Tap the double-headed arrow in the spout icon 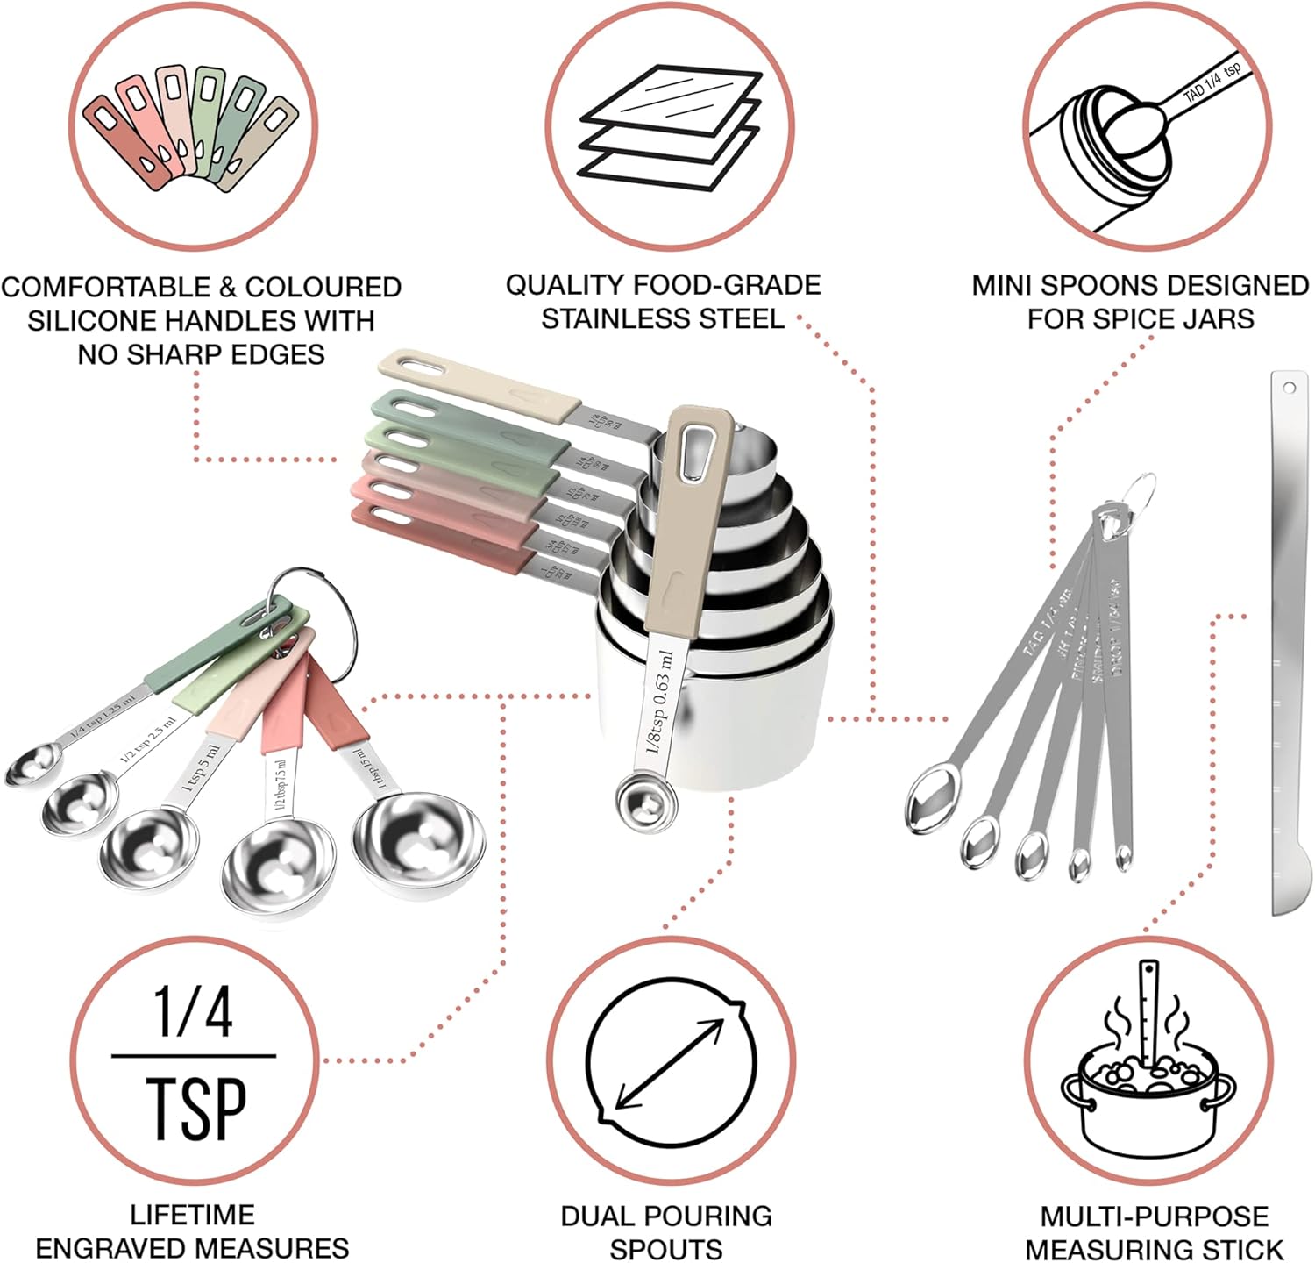[x=671, y=1064]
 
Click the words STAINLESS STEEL [x=663, y=318]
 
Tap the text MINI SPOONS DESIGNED [x=1140, y=286]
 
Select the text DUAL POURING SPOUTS [x=666, y=1231]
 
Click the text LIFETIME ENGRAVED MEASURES [x=192, y=1231]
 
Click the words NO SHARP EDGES [x=201, y=354]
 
